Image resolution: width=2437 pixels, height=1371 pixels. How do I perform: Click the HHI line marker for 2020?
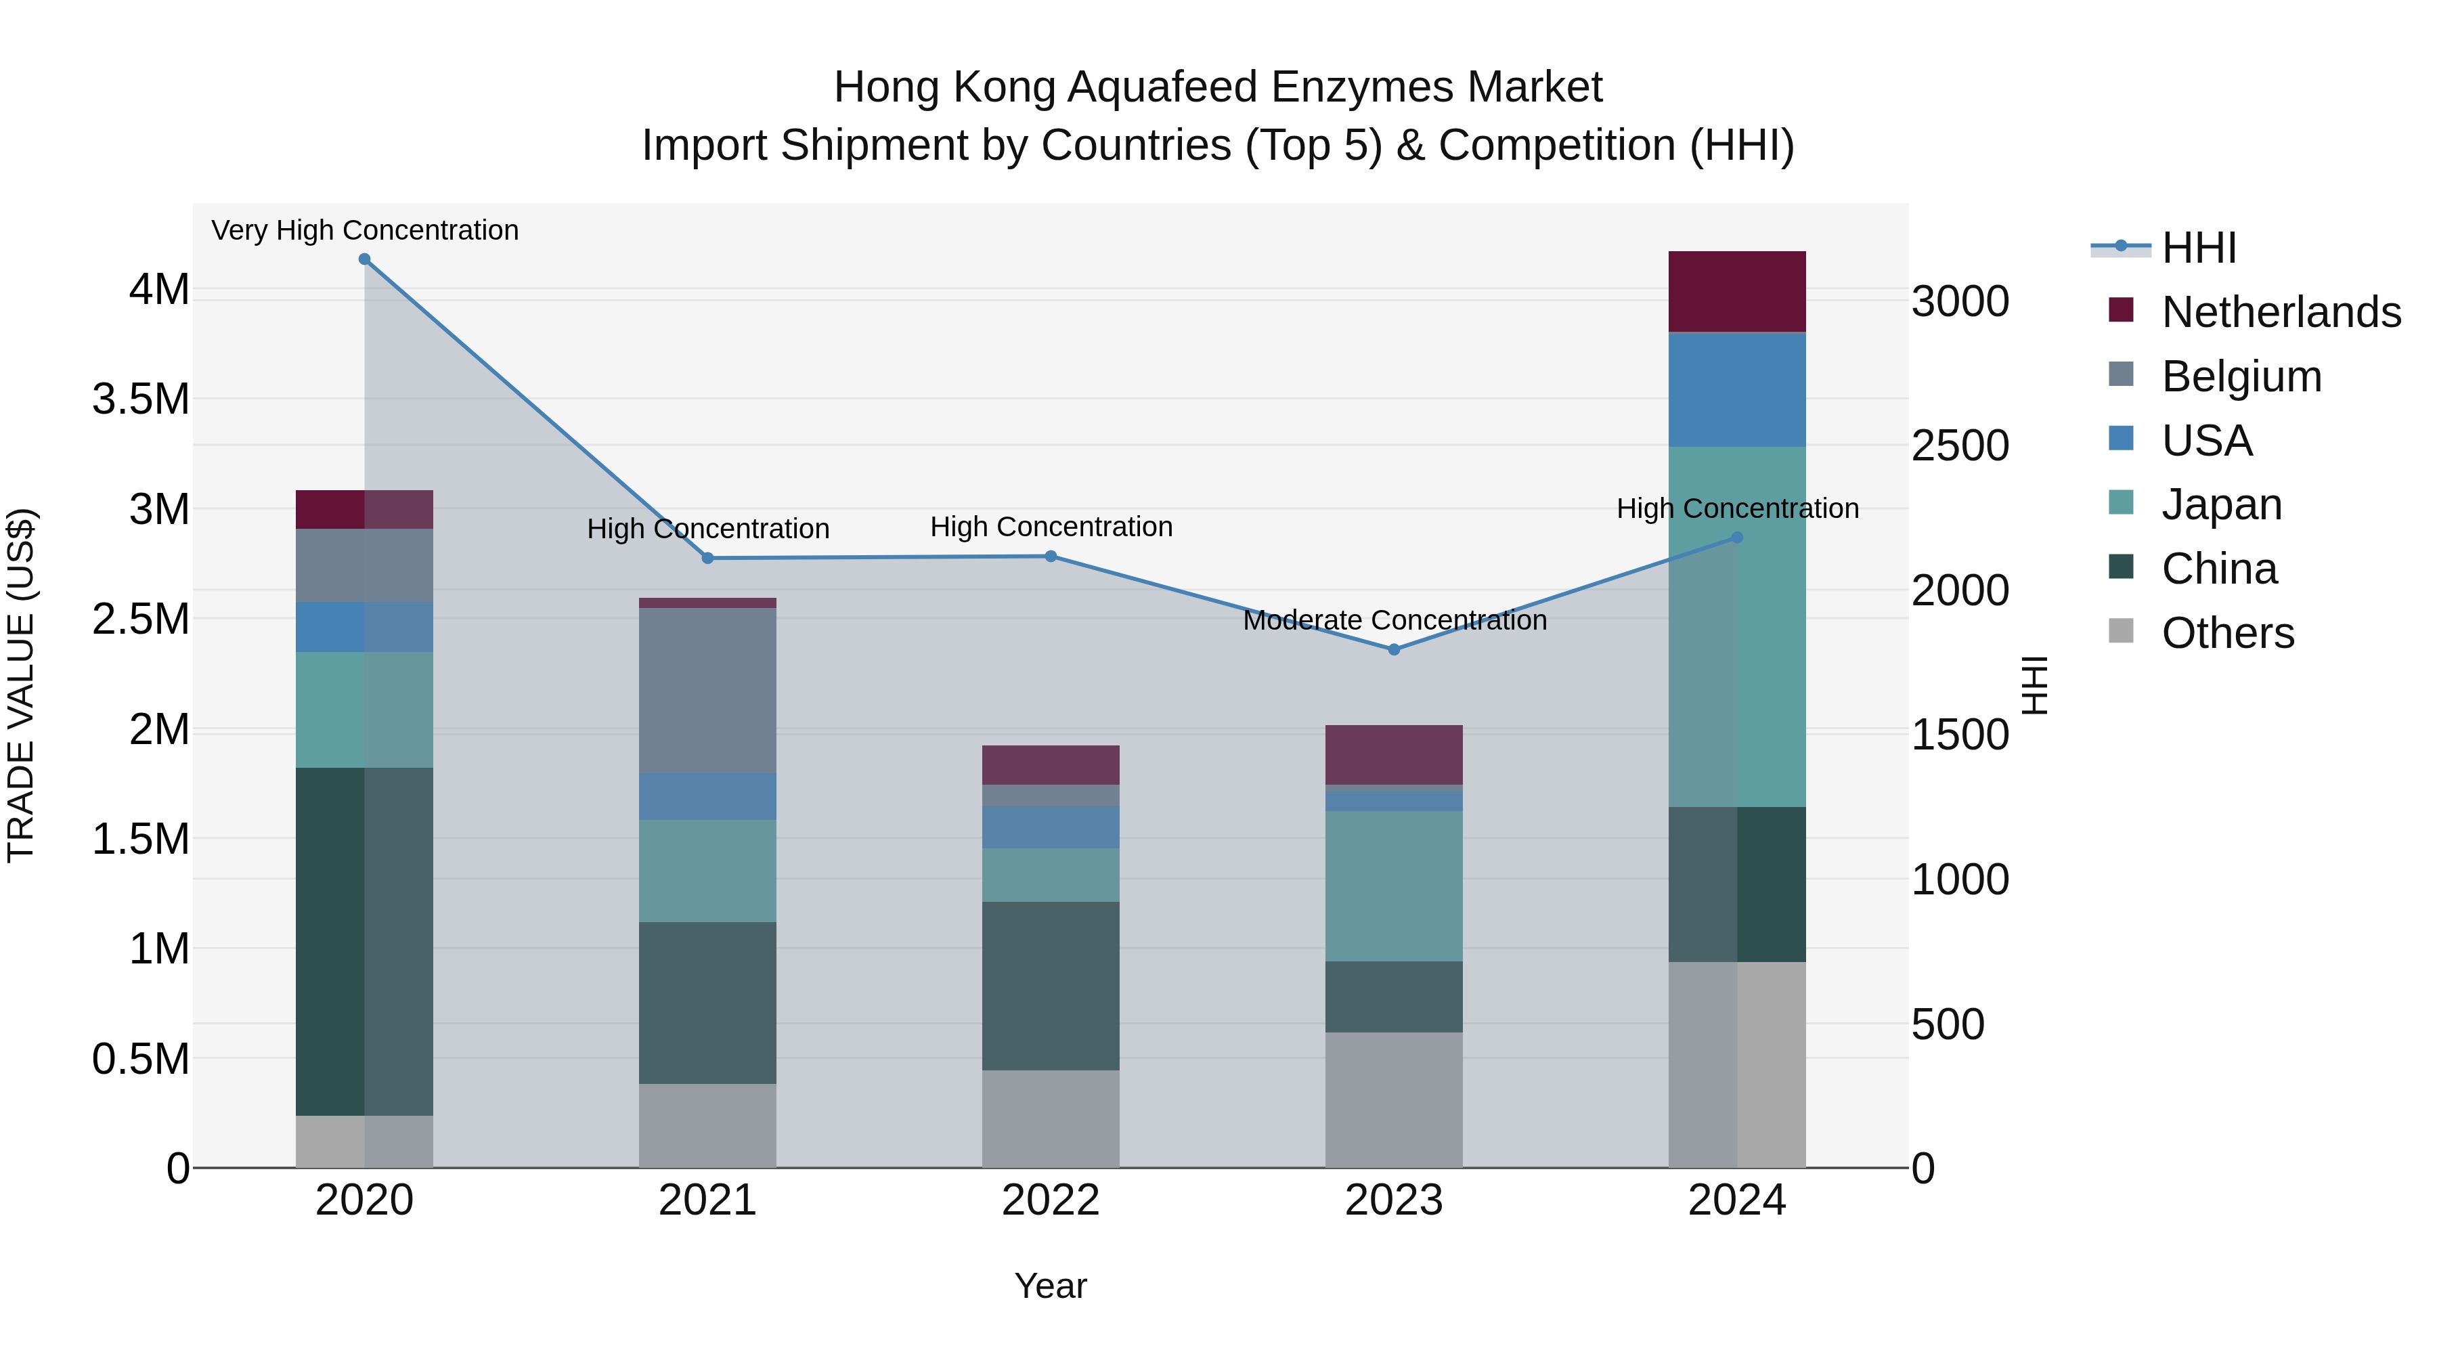click(364, 259)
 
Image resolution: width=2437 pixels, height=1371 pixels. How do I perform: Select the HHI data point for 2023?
click(1394, 650)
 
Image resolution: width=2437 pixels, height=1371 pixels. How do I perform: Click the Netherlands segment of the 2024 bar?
click(1737, 291)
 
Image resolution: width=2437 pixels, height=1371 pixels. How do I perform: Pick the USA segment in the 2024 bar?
click(1737, 390)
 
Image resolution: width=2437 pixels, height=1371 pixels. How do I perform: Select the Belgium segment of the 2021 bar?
click(707, 691)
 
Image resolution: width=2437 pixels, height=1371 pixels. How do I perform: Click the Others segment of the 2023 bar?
click(1394, 1100)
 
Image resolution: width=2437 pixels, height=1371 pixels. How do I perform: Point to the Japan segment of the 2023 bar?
click(1394, 886)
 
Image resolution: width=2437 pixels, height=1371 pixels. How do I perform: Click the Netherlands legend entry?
click(2281, 312)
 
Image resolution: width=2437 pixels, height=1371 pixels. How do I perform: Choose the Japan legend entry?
click(2221, 504)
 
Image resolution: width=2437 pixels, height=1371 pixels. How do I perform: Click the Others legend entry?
click(2227, 633)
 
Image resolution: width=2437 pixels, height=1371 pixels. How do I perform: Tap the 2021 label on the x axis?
click(707, 1200)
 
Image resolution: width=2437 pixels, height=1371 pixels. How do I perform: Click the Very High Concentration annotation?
click(364, 230)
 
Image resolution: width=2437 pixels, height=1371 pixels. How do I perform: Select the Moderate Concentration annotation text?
click(1395, 621)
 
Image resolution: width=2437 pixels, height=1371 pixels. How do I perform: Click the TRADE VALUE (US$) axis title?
click(21, 685)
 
